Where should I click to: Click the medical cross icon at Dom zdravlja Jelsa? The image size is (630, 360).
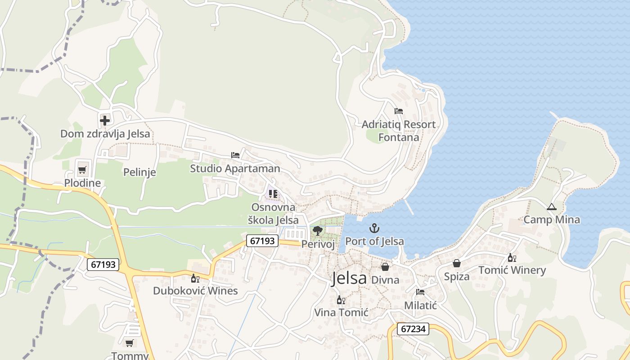[x=105, y=120]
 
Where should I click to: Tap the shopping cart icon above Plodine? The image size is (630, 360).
[x=82, y=170]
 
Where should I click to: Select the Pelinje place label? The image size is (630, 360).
[x=139, y=172]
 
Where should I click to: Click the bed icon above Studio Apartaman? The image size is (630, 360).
[x=235, y=155]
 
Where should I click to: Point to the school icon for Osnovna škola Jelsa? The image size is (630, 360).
[x=273, y=194]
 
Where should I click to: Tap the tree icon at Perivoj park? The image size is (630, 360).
[x=318, y=231]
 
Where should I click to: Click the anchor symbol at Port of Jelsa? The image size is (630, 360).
[x=374, y=229]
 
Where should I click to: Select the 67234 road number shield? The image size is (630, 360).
[x=413, y=329]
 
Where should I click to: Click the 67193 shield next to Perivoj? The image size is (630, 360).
[x=262, y=241]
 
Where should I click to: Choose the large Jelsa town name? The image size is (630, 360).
[x=349, y=279]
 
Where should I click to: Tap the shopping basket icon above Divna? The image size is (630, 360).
[x=385, y=266]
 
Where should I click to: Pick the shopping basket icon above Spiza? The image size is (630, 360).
[x=457, y=263]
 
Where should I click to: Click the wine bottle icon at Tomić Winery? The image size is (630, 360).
[x=512, y=257]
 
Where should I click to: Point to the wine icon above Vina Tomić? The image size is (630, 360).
[x=341, y=300]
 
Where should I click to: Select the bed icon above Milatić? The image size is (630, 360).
[x=420, y=292]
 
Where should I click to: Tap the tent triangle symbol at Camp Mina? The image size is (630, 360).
[x=551, y=207]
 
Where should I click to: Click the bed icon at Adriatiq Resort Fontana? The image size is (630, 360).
[x=398, y=111]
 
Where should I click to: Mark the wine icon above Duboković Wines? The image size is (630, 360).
[x=195, y=278]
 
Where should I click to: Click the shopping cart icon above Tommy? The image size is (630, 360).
[x=130, y=343]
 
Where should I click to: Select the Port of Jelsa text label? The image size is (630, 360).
[x=374, y=241]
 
